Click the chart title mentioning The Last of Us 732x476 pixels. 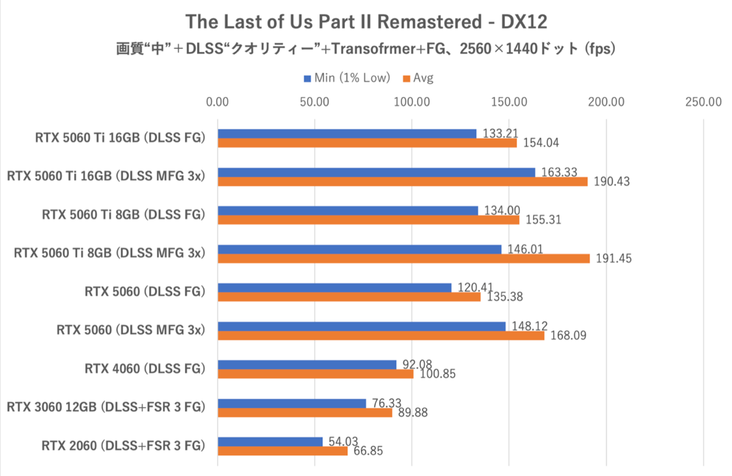(366, 22)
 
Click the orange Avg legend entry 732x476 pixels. (418, 78)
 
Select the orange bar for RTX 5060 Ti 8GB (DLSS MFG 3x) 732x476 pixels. (403, 259)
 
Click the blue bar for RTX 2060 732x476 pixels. (270, 441)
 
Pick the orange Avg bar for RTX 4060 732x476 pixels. (315, 374)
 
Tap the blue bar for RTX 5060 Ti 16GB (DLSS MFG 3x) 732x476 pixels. (376, 173)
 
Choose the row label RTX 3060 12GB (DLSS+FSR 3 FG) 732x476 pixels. (105, 406)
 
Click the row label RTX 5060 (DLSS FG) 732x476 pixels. (145, 291)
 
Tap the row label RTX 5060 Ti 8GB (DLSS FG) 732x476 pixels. (123, 214)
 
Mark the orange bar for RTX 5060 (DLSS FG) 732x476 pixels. (349, 297)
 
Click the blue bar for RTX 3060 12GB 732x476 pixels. (292, 403)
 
